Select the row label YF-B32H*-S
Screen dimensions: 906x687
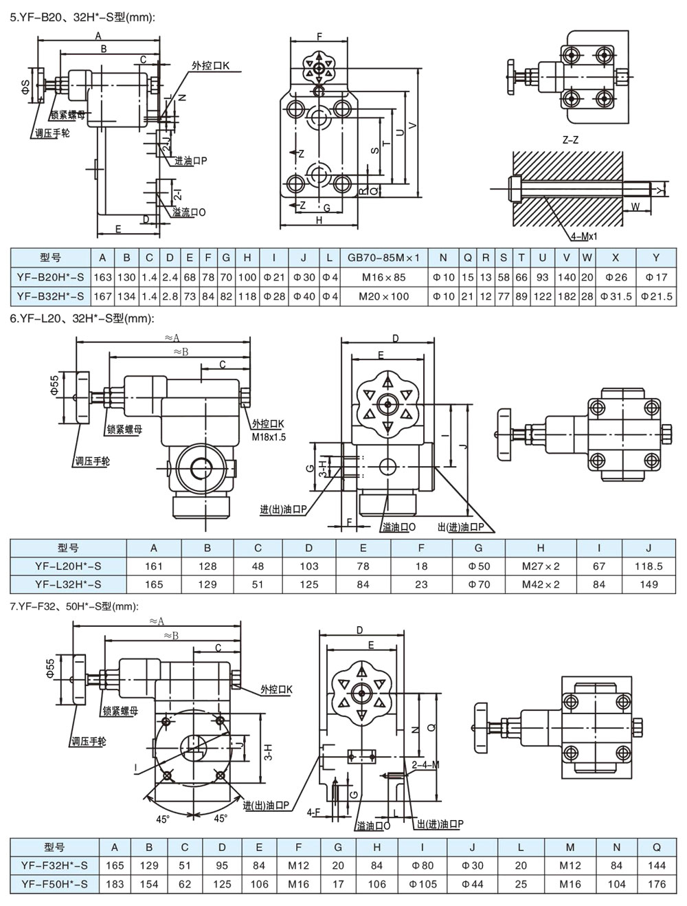tap(51, 296)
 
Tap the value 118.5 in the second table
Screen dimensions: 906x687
tap(648, 566)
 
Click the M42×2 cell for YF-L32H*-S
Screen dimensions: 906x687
tap(541, 584)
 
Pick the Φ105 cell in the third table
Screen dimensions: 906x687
tap(423, 884)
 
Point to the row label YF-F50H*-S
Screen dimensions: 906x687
tap(54, 884)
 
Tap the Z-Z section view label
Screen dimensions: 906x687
tap(570, 140)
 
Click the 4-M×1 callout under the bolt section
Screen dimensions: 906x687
tap(583, 236)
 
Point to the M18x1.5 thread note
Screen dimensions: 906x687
tap(268, 437)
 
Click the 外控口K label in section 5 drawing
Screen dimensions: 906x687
tap(210, 66)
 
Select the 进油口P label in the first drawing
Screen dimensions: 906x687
tap(190, 161)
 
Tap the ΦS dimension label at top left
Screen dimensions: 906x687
tap(24, 87)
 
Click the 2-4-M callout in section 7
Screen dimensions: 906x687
tap(425, 764)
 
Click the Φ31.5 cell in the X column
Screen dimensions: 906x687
tap(615, 296)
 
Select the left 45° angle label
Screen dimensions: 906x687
tap(162, 819)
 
